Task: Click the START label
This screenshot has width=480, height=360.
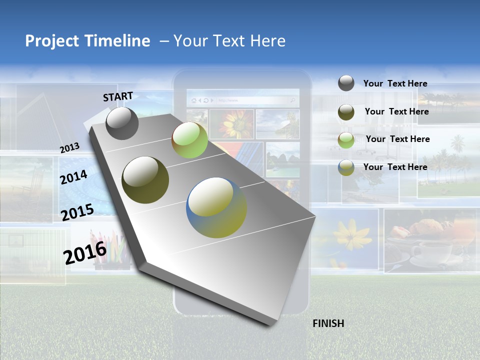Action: point(118,96)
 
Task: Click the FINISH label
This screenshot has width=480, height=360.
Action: point(328,323)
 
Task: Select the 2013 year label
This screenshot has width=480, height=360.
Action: point(69,148)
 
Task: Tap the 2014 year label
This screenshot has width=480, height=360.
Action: point(73,177)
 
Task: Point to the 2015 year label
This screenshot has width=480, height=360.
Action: point(77,212)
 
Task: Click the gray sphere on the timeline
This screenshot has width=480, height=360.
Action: point(122,123)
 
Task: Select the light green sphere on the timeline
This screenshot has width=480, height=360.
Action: point(189,140)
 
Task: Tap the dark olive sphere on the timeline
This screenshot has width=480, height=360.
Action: point(145,180)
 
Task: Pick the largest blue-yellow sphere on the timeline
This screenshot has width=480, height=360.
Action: point(216,207)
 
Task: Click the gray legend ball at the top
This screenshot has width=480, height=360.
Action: point(346,83)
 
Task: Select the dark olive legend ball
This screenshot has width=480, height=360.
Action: point(346,112)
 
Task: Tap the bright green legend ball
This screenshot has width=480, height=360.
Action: point(346,140)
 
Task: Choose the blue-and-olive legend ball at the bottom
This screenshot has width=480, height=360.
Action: point(346,167)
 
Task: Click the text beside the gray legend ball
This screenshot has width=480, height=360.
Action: point(395,83)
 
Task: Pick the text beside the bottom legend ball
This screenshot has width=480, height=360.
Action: point(395,167)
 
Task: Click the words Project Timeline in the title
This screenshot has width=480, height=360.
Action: point(87,41)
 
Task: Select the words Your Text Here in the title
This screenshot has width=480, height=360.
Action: point(229,41)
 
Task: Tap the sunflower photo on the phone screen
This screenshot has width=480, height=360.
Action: point(232,123)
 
